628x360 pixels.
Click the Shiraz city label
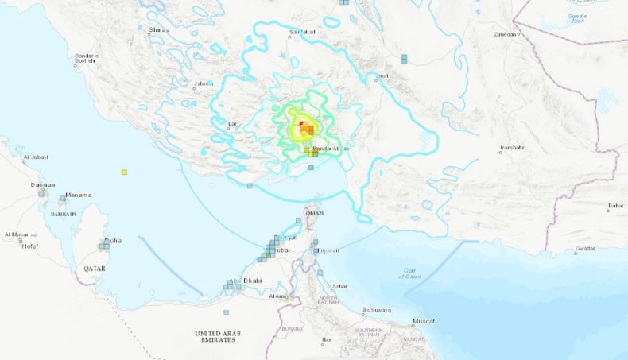point(160,29)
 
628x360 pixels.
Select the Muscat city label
point(424,321)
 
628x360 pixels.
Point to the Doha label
point(113,241)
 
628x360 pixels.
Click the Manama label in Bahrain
point(79,195)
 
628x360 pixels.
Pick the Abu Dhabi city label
point(245,280)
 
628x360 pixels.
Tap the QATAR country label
point(95,269)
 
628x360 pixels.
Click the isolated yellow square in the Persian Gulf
point(124,172)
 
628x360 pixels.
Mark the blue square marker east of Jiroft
point(404,59)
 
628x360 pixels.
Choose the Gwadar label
point(586,250)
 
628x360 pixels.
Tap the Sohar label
point(339,286)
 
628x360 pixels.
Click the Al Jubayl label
point(36,157)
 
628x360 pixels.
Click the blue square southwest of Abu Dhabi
point(226,312)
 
